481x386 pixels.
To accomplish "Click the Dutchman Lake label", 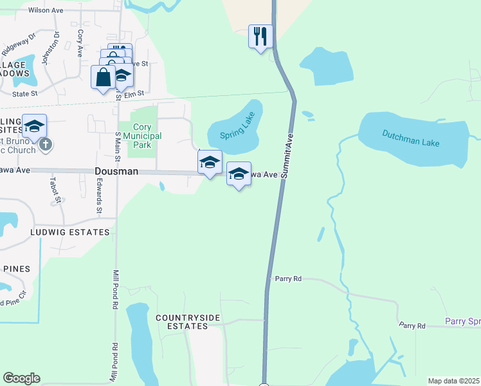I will click(x=411, y=138).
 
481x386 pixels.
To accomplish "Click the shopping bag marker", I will click(x=103, y=77).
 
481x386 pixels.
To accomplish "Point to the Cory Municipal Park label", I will click(x=143, y=131).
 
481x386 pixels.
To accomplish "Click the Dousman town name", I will click(x=116, y=172).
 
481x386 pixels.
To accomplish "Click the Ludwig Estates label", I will click(x=69, y=232).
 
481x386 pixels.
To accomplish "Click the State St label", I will click(x=25, y=94).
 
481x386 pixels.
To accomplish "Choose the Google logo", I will click(x=21, y=378).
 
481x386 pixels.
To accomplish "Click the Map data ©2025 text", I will click(x=453, y=381).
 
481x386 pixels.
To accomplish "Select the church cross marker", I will click(x=45, y=144).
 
